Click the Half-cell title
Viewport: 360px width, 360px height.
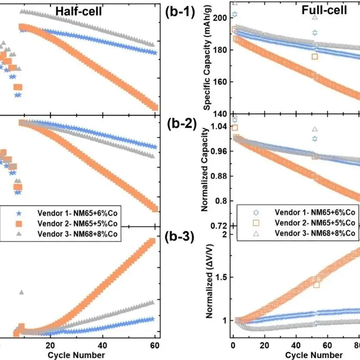click(78, 12)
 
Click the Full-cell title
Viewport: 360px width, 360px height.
click(324, 10)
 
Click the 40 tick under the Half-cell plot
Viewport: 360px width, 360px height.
click(103, 345)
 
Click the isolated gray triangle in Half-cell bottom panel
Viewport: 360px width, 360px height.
click(22, 293)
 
